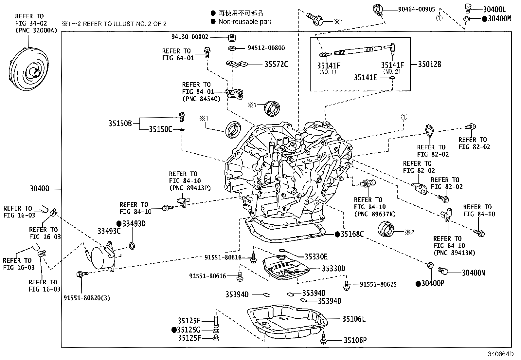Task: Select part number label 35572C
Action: (276, 64)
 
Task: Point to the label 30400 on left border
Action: (39, 189)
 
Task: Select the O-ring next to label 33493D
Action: (132, 246)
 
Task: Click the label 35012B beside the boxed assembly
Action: (429, 64)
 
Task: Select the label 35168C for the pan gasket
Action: (352, 234)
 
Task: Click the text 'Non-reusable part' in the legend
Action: (244, 22)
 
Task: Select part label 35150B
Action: (120, 123)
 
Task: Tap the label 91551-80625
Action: (378, 284)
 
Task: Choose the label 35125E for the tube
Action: (189, 321)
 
